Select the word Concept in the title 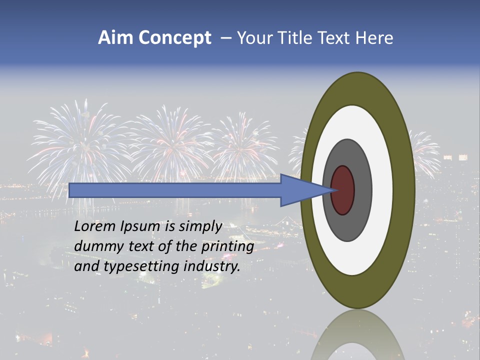175,38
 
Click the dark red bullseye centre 343,190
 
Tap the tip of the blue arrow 334,190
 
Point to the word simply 199,226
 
